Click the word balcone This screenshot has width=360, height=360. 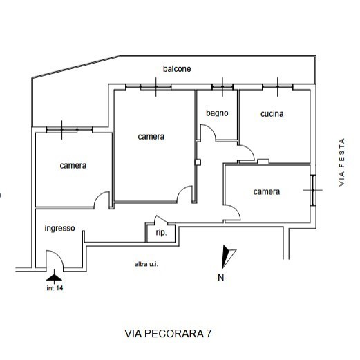click(x=177, y=69)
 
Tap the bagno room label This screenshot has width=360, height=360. click(x=217, y=113)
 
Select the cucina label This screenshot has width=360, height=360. click(x=272, y=114)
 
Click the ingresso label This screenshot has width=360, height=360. click(x=59, y=229)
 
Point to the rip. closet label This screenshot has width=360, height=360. click(x=161, y=233)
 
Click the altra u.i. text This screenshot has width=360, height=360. click(x=147, y=264)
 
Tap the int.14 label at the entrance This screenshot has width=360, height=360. click(x=55, y=288)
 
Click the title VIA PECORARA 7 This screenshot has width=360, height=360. click(x=168, y=333)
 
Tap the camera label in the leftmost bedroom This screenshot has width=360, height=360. click(x=73, y=166)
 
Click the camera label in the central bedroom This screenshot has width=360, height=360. click(x=151, y=137)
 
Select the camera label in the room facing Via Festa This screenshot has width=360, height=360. click(x=266, y=191)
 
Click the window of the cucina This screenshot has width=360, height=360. click(x=278, y=86)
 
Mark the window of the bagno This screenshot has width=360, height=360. click(x=222, y=86)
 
